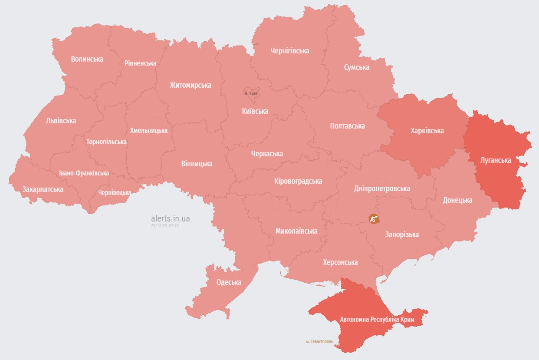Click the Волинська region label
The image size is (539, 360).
click(87, 59)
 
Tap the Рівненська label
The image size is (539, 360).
click(140, 63)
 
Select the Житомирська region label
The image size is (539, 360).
click(191, 85)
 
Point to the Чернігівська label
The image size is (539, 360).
click(290, 51)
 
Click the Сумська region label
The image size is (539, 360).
click(357, 67)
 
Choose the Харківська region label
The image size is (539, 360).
click(427, 130)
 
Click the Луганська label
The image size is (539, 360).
click(496, 160)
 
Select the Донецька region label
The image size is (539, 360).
click(457, 200)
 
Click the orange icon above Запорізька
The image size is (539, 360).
click(374, 218)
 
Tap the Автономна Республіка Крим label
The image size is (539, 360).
click(377, 320)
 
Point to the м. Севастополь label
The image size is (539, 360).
click(319, 341)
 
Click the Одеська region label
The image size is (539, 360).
click(229, 282)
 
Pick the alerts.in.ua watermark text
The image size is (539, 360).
click(170, 218)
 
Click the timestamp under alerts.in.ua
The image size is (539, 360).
click(165, 226)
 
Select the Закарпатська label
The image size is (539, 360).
click(43, 189)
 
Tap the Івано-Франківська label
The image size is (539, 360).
click(84, 173)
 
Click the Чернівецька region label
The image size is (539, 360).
click(115, 192)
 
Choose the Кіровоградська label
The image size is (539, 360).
click(298, 181)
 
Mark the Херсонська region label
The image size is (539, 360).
click(340, 262)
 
